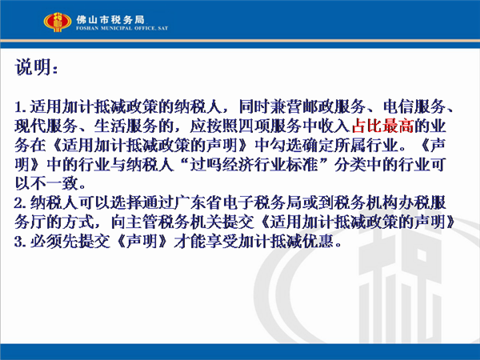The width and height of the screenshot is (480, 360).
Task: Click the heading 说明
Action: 33,67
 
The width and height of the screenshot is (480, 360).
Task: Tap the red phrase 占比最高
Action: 382,126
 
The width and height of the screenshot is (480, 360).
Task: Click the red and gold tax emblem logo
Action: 58,22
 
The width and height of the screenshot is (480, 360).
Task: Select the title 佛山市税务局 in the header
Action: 110,19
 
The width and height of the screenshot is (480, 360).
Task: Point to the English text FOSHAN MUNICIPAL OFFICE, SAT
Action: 122,28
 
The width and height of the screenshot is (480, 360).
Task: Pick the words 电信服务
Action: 414,107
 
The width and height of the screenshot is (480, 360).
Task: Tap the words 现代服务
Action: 46,126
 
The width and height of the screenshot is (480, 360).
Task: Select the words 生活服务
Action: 126,126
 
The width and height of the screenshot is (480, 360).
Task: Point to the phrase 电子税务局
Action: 261,203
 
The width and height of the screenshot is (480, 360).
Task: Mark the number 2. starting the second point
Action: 21,203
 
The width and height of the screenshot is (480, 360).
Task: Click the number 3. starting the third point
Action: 21,242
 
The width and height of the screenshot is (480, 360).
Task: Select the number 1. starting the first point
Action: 21,107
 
